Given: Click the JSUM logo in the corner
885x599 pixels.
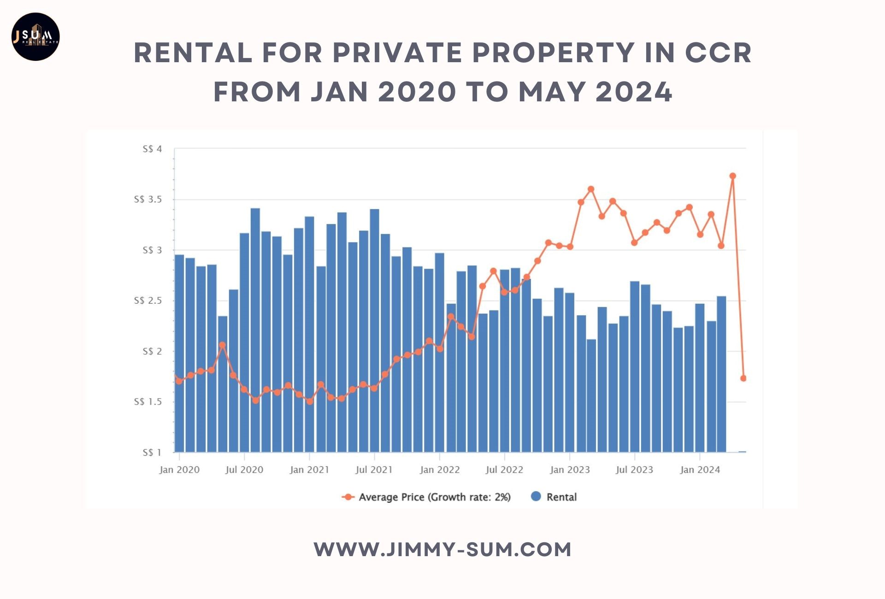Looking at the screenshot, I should tap(35, 37).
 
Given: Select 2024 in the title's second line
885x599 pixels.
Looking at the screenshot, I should tap(634, 92).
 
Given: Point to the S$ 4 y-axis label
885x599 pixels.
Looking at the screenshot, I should tap(152, 149).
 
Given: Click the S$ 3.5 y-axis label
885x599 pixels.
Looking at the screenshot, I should tap(148, 200).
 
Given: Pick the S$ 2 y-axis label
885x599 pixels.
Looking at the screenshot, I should tap(152, 352).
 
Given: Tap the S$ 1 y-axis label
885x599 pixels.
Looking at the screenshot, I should tap(152, 452).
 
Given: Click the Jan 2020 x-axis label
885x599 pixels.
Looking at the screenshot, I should tap(179, 470).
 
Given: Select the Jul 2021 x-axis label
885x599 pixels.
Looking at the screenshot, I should tap(374, 470).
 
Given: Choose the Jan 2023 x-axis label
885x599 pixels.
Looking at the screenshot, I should tap(570, 470).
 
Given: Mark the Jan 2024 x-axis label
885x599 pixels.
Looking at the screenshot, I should tap(700, 470).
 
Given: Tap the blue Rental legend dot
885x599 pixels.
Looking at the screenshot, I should tap(536, 496).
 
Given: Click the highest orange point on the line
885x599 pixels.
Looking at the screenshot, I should tap(732, 176).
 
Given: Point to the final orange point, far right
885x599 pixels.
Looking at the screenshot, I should tap(743, 378).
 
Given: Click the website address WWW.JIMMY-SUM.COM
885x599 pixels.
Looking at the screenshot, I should tap(442, 550).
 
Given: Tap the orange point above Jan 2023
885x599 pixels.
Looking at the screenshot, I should tap(570, 247).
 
